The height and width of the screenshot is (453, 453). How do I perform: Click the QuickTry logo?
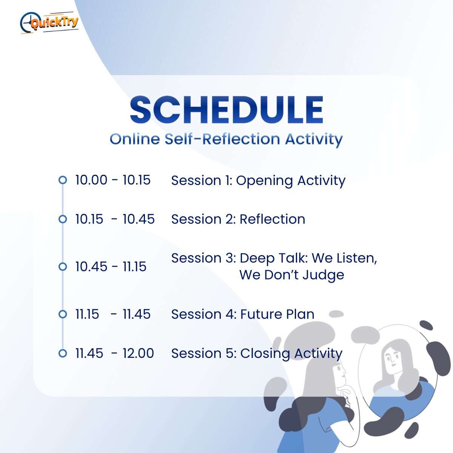pos(49,23)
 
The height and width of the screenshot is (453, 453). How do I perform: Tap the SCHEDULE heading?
pos(226,109)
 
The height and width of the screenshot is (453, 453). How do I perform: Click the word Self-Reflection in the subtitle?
pos(222,139)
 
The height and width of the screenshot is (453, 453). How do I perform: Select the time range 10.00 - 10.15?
pos(113,180)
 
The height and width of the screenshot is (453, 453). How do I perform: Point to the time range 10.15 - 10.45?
pos(115,219)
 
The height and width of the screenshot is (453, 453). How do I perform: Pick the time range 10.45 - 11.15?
pos(111,267)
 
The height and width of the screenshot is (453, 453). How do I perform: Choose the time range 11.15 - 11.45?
pos(113,314)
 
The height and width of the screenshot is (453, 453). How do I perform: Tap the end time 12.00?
pos(138,353)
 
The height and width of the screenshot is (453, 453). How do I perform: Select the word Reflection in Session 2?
pos(273,219)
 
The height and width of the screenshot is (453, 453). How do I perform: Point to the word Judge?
pos(324,276)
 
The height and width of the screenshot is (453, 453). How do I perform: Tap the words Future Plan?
pos(277,314)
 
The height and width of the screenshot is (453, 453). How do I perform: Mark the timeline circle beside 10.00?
pos(63,180)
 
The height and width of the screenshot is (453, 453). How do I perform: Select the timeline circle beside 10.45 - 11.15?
pos(63,267)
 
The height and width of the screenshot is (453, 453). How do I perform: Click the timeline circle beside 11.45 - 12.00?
pos(63,353)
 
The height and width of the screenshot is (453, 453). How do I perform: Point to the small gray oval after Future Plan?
pos(336,314)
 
